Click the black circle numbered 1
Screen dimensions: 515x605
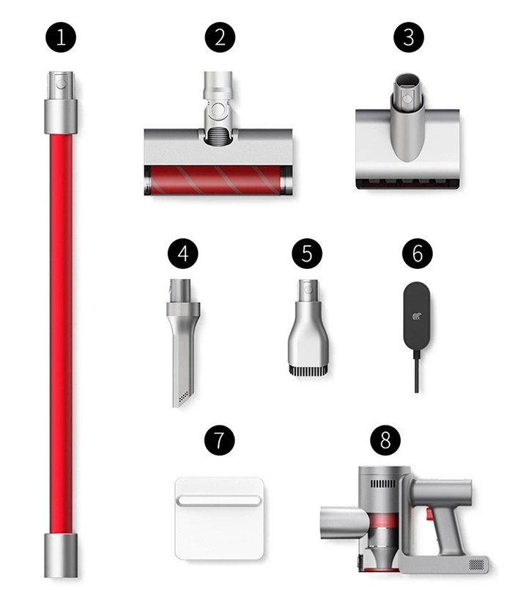(x=61, y=37)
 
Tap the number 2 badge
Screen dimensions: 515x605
(x=220, y=37)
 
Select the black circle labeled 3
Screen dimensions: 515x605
(x=409, y=37)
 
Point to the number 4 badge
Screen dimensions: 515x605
(x=183, y=253)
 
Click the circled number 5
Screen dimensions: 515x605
(x=307, y=253)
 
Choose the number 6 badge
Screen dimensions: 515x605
(x=418, y=253)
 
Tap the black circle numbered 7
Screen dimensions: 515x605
(x=219, y=440)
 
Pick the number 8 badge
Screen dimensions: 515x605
(x=385, y=440)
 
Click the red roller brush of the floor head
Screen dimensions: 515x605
(x=215, y=179)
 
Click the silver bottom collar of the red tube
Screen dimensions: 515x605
(x=61, y=556)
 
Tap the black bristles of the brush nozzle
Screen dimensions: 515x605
(x=308, y=371)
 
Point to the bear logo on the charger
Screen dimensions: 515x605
(x=417, y=316)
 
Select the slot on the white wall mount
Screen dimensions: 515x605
(x=219, y=500)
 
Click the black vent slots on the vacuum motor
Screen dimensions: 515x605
(x=383, y=484)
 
